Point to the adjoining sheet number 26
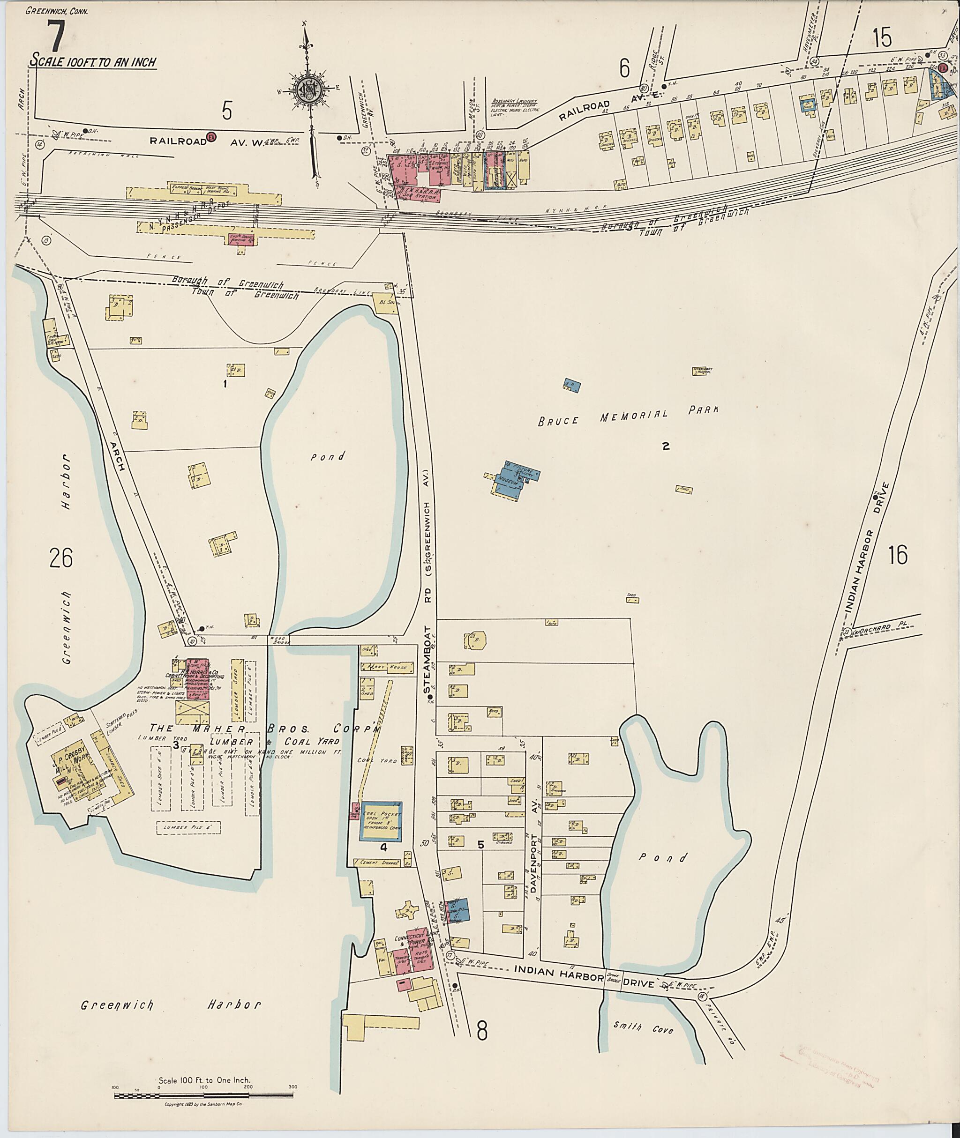point(60,558)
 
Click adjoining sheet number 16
point(897,555)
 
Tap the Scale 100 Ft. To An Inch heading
point(94,61)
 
